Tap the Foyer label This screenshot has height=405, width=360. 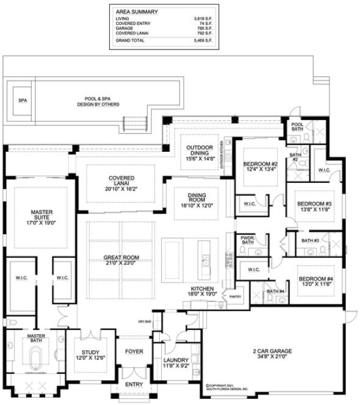point(134,352)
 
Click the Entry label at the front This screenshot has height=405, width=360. point(134,385)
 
